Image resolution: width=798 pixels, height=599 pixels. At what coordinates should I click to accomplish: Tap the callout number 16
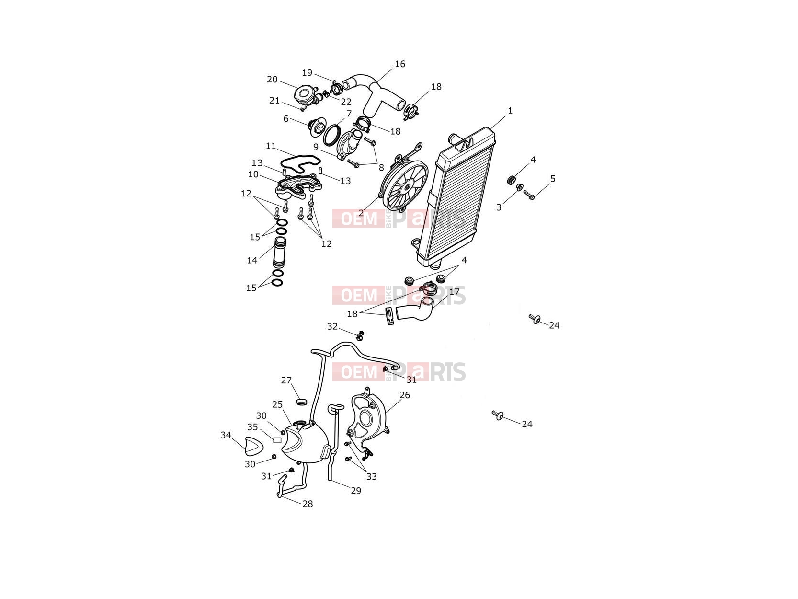(400, 64)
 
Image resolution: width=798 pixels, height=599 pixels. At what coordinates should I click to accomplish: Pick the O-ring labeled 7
(331, 136)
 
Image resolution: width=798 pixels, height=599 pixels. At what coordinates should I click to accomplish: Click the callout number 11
(271, 146)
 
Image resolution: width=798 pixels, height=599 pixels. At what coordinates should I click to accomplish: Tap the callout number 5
(553, 179)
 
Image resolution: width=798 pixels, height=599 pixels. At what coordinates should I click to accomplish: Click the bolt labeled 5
(529, 195)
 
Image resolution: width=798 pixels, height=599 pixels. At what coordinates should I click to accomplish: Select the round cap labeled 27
(302, 402)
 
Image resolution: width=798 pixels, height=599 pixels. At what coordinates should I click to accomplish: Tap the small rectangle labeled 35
(277, 440)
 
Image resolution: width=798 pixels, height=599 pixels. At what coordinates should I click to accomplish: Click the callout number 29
(356, 491)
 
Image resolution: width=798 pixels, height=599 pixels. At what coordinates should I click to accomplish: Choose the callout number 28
(308, 504)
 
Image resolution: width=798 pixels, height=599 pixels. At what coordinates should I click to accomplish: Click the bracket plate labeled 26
(367, 422)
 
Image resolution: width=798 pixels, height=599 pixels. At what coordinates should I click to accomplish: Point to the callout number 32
(332, 326)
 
